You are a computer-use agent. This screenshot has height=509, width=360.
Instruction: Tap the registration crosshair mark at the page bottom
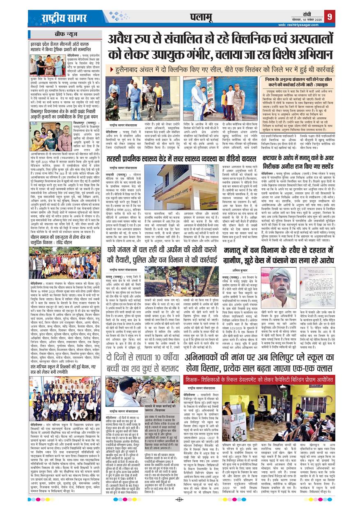[x=180, y=500]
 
